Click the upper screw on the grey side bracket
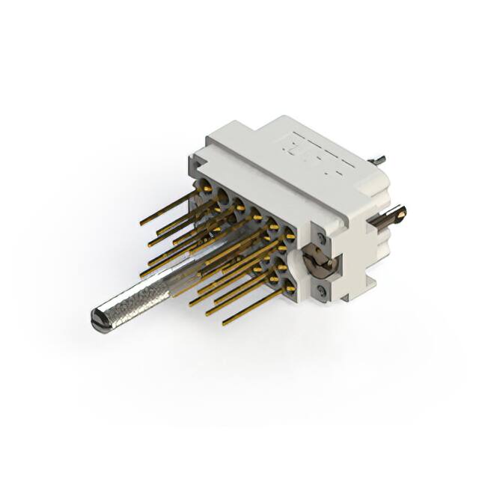[320, 239]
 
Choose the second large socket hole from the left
[222, 196]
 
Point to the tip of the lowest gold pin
[225, 324]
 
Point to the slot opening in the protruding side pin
[400, 213]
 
